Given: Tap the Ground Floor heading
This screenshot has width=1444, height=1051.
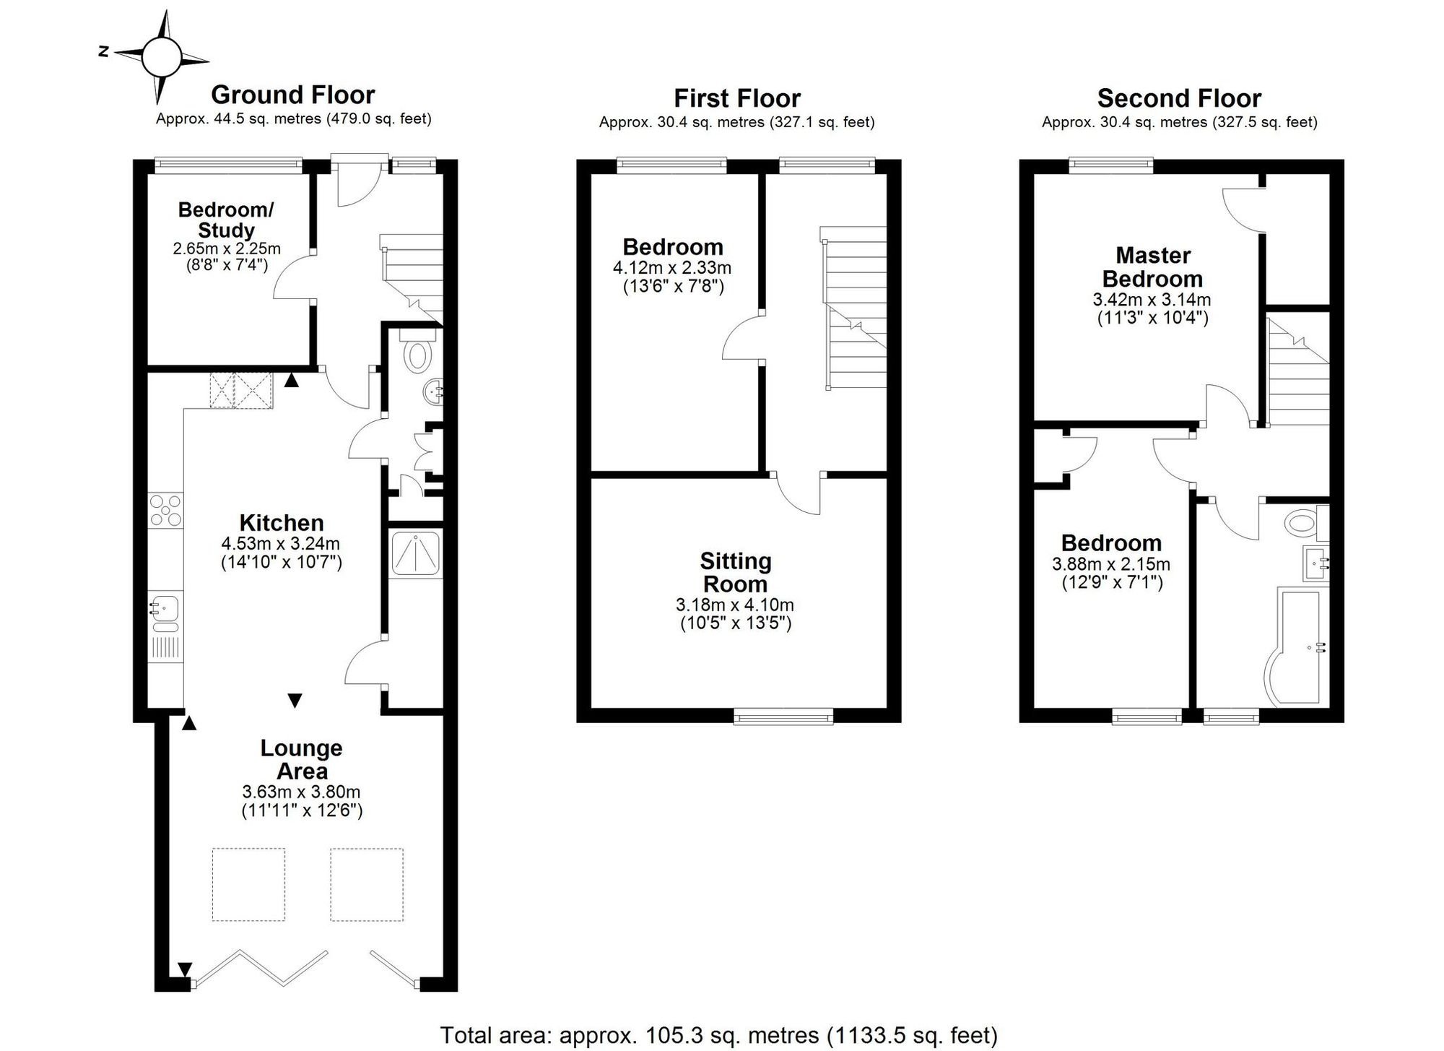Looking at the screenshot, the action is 293,95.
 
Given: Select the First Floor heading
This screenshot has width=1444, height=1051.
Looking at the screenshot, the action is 737,98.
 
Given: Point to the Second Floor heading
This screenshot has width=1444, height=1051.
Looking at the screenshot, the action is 1179,98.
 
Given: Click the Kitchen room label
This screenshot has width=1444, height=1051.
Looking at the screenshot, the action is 282,523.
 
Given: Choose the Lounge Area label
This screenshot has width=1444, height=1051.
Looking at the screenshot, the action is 302,759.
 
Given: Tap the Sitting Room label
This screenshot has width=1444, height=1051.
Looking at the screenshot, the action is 736,572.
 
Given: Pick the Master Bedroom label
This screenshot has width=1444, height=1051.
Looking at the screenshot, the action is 1152,267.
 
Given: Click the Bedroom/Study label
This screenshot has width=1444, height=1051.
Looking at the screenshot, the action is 226,220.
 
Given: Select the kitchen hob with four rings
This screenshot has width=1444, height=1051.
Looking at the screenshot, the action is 166,510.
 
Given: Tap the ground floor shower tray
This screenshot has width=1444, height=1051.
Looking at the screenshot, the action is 416,553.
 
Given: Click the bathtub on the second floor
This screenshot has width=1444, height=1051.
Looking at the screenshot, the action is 1298,647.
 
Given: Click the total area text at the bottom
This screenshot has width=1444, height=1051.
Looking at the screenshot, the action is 718,1035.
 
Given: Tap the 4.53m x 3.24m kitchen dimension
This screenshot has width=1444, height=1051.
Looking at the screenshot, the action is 281,543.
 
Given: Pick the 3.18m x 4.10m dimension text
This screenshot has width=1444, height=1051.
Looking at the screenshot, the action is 735,605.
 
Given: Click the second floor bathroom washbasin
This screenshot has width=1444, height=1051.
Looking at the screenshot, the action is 1315,563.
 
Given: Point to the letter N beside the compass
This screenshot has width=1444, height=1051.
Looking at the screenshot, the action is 104,51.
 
